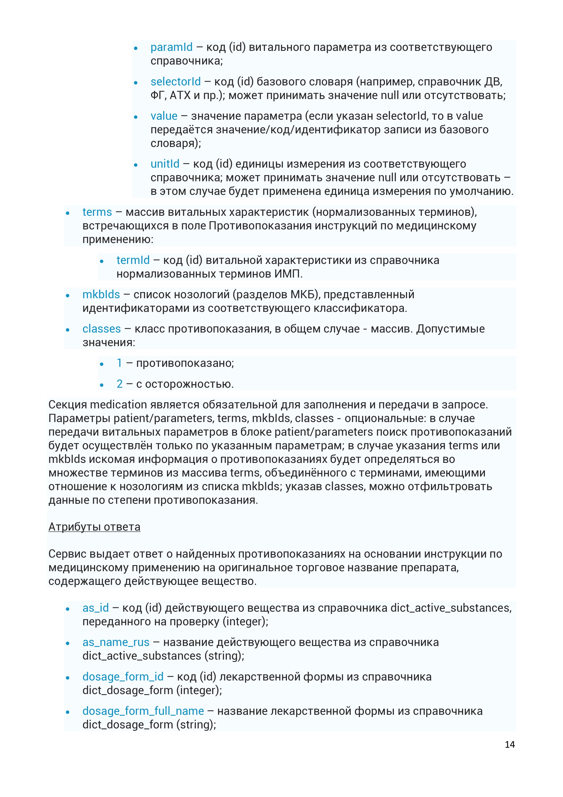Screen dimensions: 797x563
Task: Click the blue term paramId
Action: point(171,47)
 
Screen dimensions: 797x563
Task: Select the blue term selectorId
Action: point(175,82)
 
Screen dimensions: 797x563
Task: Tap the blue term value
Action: point(164,116)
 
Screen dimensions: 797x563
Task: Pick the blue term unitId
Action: point(165,164)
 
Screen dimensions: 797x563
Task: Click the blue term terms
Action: point(97,212)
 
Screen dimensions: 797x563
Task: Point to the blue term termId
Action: point(133,260)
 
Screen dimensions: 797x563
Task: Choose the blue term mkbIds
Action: point(101,294)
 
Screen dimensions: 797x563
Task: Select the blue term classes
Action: point(102,329)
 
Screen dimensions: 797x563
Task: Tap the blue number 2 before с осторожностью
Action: point(120,384)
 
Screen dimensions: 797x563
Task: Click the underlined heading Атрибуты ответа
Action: point(94,527)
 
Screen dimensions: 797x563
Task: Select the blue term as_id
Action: point(96,608)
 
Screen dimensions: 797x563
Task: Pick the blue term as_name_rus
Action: point(116,642)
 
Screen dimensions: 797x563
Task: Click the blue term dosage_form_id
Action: point(123,677)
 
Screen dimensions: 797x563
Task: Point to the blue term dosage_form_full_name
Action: point(143,711)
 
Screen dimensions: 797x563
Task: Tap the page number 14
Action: point(510,745)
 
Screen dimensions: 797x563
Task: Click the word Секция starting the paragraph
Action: point(68,405)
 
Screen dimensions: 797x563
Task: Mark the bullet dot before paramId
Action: point(136,48)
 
